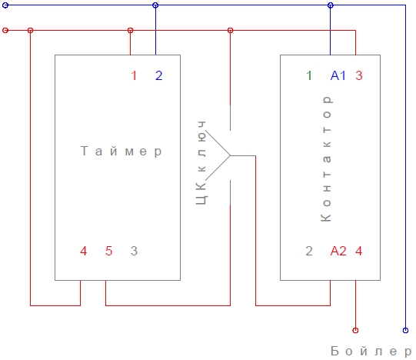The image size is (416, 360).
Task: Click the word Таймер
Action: tap(122, 152)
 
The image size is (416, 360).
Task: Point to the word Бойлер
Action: tap(366, 352)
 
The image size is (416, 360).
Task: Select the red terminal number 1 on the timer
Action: tap(134, 75)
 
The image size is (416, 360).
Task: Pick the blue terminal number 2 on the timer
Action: tap(158, 75)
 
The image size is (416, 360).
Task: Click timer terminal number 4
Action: tap(84, 251)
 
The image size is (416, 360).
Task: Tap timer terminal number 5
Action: tap(108, 251)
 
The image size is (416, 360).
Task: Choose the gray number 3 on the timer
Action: tap(134, 251)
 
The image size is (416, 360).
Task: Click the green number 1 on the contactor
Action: tap(309, 75)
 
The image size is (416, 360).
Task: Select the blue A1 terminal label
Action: tap(338, 75)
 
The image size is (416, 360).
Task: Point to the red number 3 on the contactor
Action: tap(359, 75)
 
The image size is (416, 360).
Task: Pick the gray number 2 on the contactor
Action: tap(309, 251)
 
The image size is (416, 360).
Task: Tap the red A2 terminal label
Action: tap(338, 251)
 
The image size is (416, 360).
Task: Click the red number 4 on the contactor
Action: tap(359, 251)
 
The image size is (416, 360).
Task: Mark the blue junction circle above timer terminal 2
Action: tap(156, 5)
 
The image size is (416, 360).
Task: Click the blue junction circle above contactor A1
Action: tap(331, 5)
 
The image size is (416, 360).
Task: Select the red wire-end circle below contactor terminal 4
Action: tap(355, 329)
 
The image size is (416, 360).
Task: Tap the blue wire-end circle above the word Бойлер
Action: tap(405, 329)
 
